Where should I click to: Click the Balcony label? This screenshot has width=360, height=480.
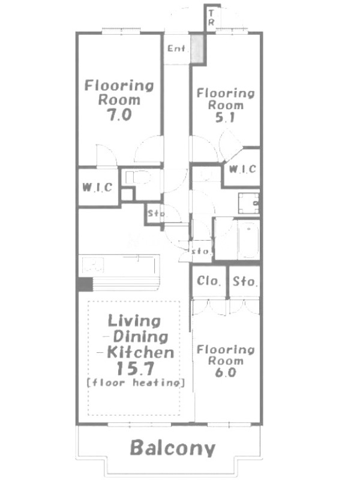(173, 448)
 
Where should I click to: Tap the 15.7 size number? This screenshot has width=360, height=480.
(134, 368)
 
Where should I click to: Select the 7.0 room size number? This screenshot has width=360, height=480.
(119, 115)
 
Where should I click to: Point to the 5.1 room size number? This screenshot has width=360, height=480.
(225, 117)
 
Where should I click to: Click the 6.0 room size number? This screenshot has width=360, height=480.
(226, 372)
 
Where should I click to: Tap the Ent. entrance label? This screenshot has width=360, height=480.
(176, 48)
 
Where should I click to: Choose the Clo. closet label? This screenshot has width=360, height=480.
(209, 281)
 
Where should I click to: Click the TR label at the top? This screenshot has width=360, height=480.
(211, 17)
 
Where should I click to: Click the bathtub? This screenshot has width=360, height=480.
(248, 239)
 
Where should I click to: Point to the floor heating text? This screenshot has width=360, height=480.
(136, 383)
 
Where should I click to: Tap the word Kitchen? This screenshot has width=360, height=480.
(140, 353)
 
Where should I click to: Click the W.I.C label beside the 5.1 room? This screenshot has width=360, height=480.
(242, 169)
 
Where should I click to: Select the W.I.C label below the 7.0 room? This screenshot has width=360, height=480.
(97, 187)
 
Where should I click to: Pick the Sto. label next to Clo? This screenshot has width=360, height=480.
(245, 281)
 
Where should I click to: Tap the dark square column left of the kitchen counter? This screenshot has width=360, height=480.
(85, 284)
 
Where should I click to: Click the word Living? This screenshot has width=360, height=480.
(134, 321)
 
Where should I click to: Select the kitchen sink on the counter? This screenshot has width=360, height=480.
(93, 265)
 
